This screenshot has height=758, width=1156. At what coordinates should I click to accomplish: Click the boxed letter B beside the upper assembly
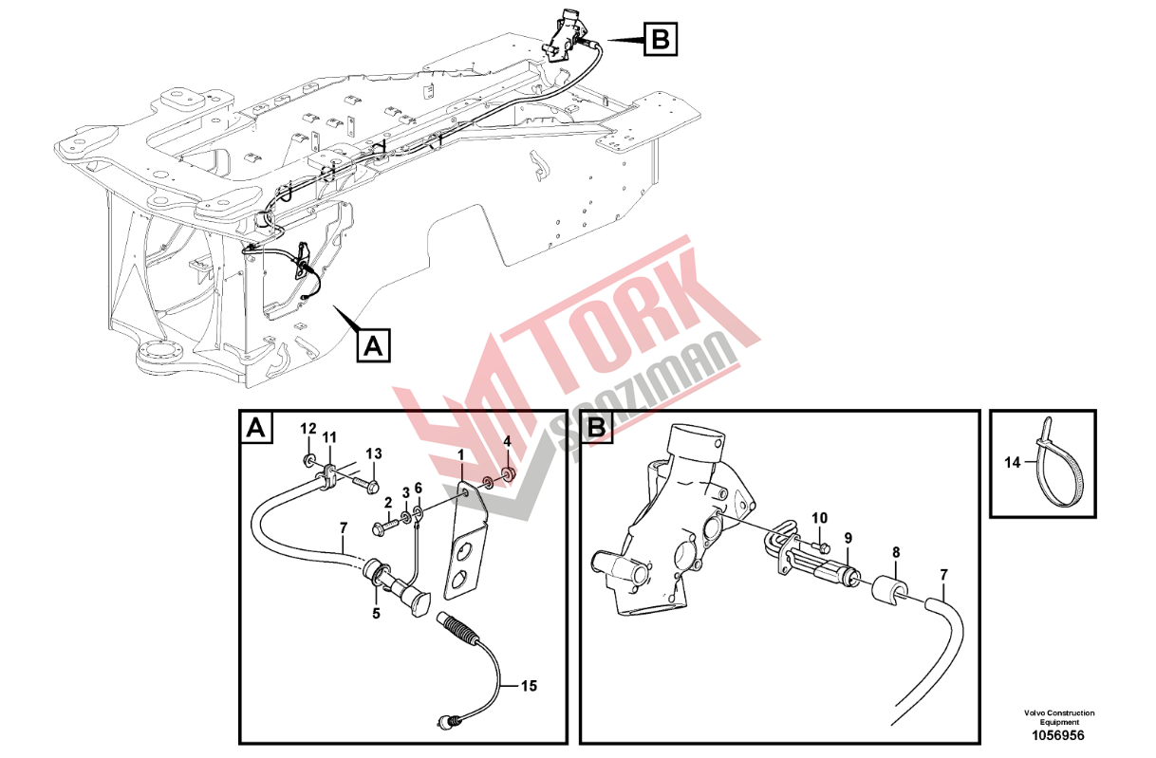pyautogui.click(x=660, y=39)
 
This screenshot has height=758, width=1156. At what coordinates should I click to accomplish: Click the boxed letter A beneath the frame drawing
pyautogui.click(x=374, y=344)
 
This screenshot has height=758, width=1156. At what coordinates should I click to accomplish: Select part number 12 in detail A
pyautogui.click(x=308, y=428)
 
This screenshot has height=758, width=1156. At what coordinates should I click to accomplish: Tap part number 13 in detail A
pyautogui.click(x=374, y=453)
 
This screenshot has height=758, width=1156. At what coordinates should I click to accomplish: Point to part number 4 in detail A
pyautogui.click(x=508, y=441)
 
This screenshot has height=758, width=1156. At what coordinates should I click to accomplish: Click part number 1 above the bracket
pyautogui.click(x=461, y=455)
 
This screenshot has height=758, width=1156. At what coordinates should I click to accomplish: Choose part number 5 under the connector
pyautogui.click(x=376, y=614)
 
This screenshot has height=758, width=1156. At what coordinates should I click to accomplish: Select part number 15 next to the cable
pyautogui.click(x=529, y=686)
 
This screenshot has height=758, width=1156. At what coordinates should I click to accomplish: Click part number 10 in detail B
pyautogui.click(x=819, y=518)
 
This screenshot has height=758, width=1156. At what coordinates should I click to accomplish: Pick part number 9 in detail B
pyautogui.click(x=848, y=539)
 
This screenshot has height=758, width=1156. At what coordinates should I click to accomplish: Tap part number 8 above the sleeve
pyautogui.click(x=896, y=553)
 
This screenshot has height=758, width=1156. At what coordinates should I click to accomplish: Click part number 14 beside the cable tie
pyautogui.click(x=1013, y=462)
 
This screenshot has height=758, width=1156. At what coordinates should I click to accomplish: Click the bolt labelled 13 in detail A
pyautogui.click(x=365, y=484)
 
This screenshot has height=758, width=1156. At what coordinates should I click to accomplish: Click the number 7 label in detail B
pyautogui.click(x=944, y=575)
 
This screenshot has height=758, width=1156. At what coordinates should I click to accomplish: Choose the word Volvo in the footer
pyautogui.click(x=1035, y=713)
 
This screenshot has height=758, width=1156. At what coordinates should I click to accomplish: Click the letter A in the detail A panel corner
pyautogui.click(x=256, y=428)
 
